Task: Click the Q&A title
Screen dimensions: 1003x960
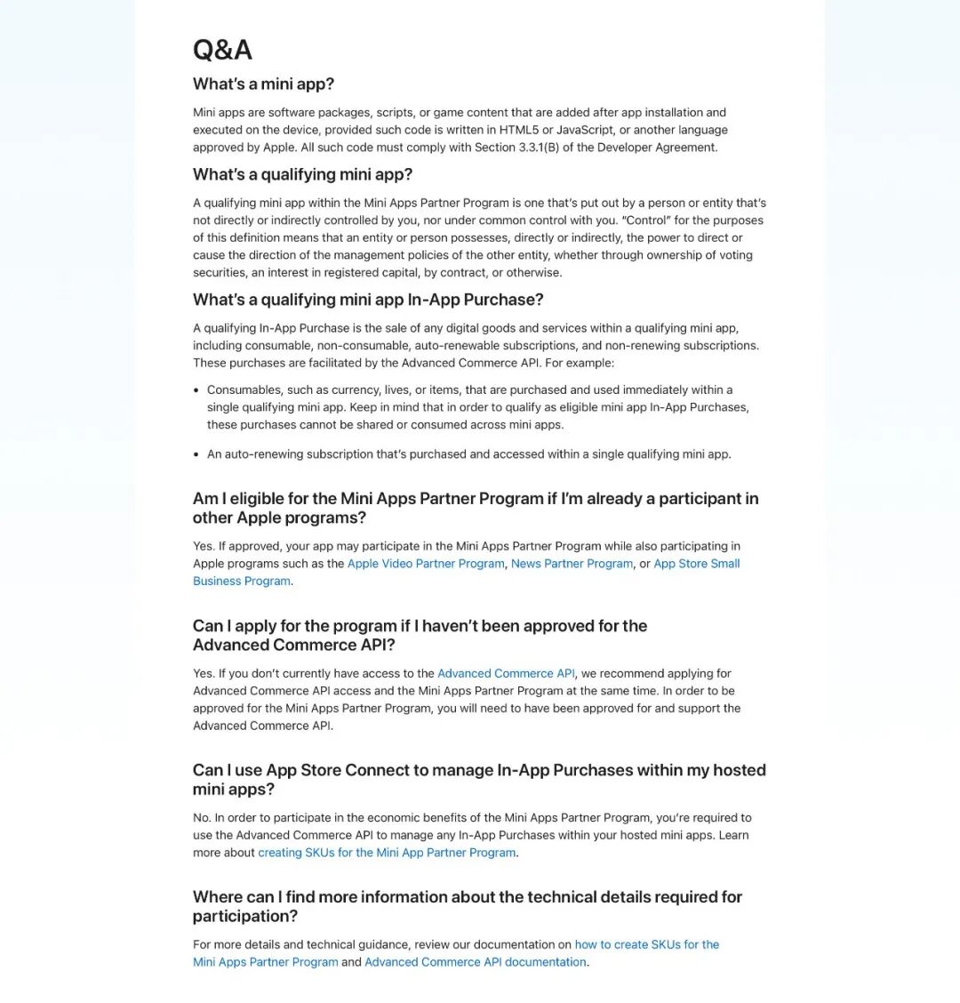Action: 222,50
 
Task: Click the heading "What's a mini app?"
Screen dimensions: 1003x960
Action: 263,84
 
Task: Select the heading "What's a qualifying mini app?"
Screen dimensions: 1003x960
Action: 302,174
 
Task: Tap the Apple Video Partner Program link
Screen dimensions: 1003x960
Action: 426,564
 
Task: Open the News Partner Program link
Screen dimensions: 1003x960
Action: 572,564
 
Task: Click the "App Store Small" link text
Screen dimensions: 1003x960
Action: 696,564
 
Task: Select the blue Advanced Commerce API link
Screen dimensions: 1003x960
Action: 506,673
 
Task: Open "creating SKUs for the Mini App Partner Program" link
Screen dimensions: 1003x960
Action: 387,853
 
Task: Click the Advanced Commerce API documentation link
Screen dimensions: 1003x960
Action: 475,962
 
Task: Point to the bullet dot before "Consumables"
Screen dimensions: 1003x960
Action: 196,390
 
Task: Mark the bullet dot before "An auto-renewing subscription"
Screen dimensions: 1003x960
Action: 196,454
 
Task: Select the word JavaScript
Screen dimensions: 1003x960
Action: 585,130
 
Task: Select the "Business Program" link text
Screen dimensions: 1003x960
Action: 242,582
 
